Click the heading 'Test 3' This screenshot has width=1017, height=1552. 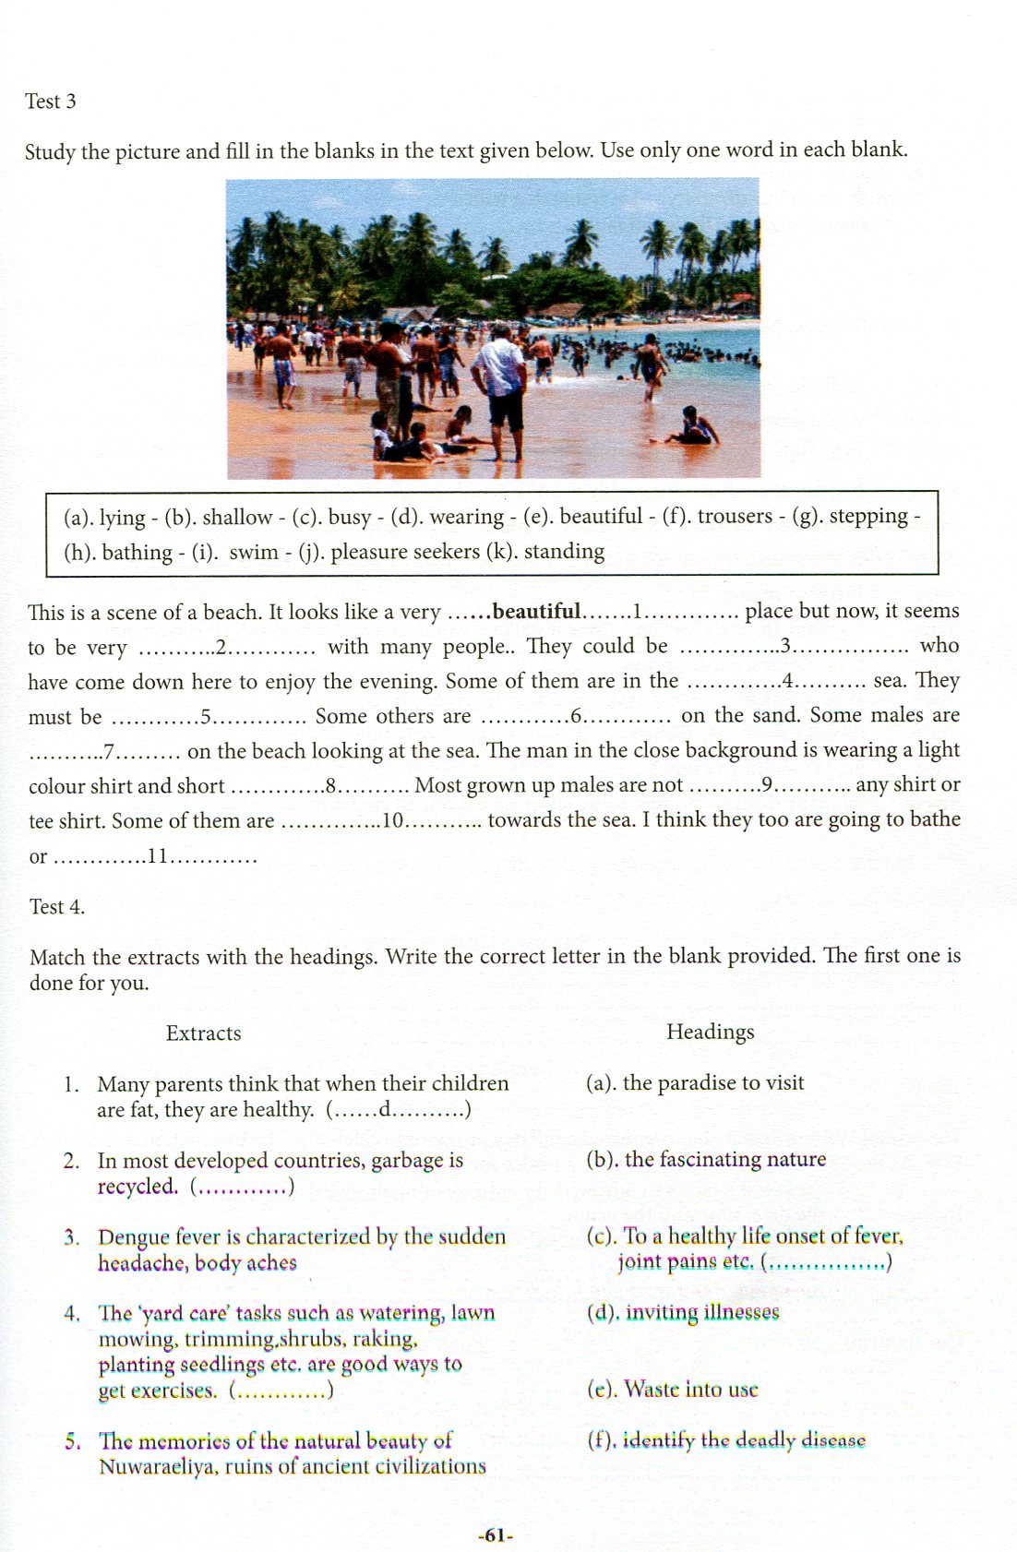(50, 101)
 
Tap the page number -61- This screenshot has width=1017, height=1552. (496, 1535)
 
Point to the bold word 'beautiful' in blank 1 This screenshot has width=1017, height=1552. (536, 611)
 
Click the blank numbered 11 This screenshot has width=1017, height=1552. (156, 856)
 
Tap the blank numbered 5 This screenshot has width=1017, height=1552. (208, 717)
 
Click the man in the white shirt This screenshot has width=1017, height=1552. (501, 388)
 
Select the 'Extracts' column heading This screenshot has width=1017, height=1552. (203, 1033)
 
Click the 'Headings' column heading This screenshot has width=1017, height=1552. (710, 1032)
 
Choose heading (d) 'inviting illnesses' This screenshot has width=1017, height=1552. (701, 1312)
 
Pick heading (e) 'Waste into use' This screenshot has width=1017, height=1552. (690, 1389)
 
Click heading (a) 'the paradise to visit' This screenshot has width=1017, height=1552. (712, 1082)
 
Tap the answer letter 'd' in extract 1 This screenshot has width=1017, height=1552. (385, 1109)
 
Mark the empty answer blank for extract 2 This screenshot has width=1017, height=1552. (242, 1187)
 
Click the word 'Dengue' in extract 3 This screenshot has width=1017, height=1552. (133, 1236)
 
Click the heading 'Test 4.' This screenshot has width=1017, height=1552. (56, 907)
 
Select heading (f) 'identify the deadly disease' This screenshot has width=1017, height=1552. (744, 1439)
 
